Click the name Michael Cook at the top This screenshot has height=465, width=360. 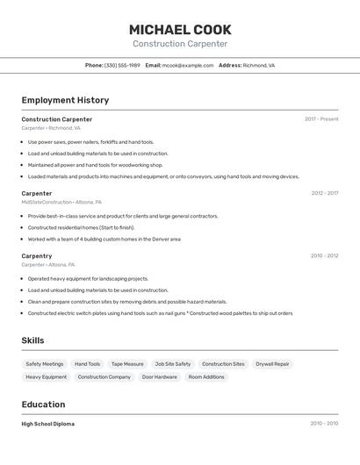pyautogui.click(x=180, y=29)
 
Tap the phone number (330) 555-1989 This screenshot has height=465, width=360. pyautogui.click(x=122, y=65)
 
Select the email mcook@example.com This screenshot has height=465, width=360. pyautogui.click(x=188, y=65)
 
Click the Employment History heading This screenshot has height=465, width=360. pyautogui.click(x=65, y=100)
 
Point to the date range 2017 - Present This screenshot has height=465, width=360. pyautogui.click(x=321, y=119)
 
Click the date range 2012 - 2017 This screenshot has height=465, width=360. pyautogui.click(x=324, y=193)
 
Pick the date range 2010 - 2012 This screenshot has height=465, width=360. pyautogui.click(x=324, y=256)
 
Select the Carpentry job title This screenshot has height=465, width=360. pyautogui.click(x=37, y=256)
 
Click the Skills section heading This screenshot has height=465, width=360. pyautogui.click(x=32, y=340)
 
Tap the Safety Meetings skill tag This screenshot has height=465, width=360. pyautogui.click(x=45, y=363)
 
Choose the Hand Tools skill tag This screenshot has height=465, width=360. pyautogui.click(x=87, y=363)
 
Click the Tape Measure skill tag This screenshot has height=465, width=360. pyautogui.click(x=127, y=363)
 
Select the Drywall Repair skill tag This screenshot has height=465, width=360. pyautogui.click(x=272, y=363)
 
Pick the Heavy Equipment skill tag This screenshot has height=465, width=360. pyautogui.click(x=46, y=376)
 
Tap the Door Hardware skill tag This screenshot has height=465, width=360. pyautogui.click(x=159, y=376)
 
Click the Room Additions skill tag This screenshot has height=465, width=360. pyautogui.click(x=206, y=376)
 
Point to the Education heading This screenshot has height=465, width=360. pyautogui.click(x=43, y=404)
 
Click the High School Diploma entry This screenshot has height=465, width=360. pyautogui.click(x=47, y=424)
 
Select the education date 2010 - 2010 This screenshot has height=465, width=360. pyautogui.click(x=324, y=424)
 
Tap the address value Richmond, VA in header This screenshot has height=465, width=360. pyautogui.click(x=259, y=65)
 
